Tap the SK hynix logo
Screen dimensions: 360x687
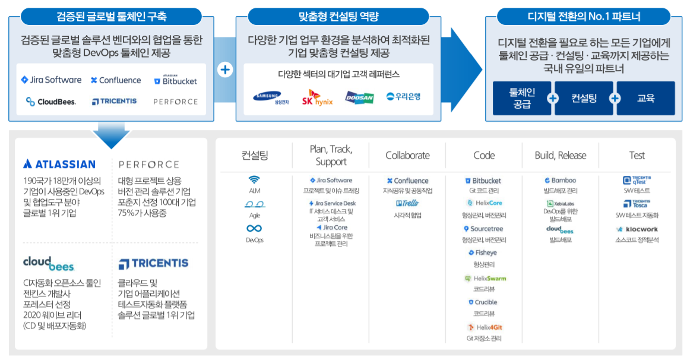click(x=317, y=97)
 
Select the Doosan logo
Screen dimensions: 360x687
click(x=359, y=97)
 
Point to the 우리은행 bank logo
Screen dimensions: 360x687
click(x=403, y=96)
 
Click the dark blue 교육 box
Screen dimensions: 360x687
click(x=645, y=99)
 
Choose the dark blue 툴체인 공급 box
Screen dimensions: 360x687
click(x=522, y=99)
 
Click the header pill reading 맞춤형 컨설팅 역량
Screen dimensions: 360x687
click(x=338, y=17)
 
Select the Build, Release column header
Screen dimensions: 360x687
click(x=560, y=156)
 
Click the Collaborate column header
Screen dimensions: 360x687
click(x=407, y=156)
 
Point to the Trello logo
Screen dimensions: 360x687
click(x=407, y=203)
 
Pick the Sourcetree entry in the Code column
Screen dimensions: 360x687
click(x=484, y=229)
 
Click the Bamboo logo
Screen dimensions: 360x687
click(x=560, y=181)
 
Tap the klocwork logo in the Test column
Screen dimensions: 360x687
click(x=637, y=229)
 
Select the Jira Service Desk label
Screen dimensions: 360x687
click(x=331, y=203)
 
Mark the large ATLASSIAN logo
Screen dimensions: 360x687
click(x=59, y=164)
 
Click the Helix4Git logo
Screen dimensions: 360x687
click(x=484, y=327)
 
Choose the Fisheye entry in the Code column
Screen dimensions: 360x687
click(x=484, y=253)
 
